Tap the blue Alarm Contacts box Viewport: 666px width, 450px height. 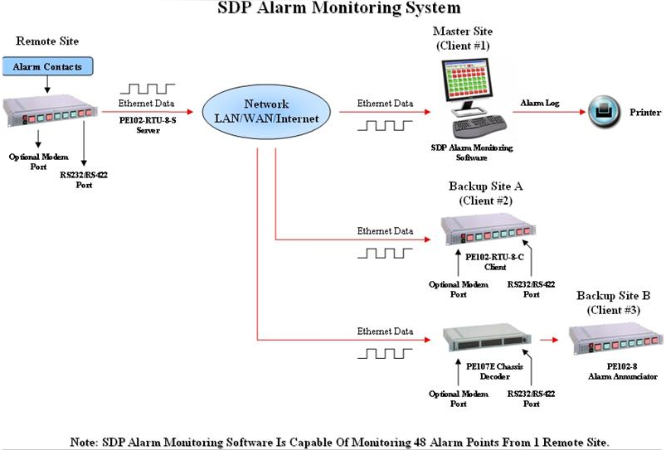[x=46, y=65]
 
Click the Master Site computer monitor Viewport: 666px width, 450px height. [x=470, y=92]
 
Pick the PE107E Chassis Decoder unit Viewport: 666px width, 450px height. [x=485, y=338]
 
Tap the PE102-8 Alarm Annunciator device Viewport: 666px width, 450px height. [x=615, y=339]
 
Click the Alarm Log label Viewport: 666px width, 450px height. [x=539, y=103]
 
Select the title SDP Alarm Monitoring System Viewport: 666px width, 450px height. [x=338, y=9]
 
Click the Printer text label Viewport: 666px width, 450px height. [x=645, y=111]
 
